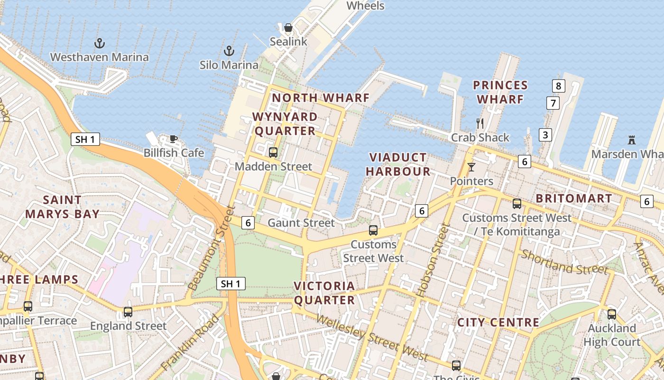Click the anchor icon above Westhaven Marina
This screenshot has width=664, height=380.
[x=100, y=44]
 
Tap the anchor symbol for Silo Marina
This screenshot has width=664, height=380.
[x=229, y=51]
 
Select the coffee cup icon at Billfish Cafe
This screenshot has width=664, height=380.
[x=174, y=139]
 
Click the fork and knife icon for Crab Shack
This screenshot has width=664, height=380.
[x=480, y=123]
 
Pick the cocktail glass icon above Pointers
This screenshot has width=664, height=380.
[x=471, y=167]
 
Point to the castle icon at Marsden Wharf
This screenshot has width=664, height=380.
[x=631, y=140]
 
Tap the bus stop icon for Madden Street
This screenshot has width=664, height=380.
[x=273, y=152]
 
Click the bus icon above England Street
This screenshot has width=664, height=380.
[x=128, y=312]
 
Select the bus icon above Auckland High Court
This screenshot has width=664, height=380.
[x=612, y=314]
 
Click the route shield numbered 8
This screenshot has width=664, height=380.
[x=559, y=86]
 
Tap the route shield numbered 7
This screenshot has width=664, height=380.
[x=553, y=103]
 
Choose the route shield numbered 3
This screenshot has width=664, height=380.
[x=545, y=135]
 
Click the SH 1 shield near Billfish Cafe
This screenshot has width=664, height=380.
[x=85, y=139]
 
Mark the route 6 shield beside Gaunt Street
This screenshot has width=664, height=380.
[x=248, y=222]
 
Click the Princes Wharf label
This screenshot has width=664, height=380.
[x=500, y=92]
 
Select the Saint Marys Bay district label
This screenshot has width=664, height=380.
[x=62, y=207]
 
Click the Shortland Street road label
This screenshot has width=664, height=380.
[x=564, y=262]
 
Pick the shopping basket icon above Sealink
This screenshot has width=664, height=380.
[x=288, y=28]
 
